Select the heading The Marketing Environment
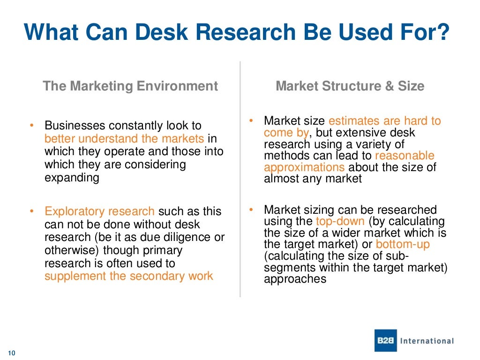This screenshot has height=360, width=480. point(130,86)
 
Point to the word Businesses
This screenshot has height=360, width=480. point(75,126)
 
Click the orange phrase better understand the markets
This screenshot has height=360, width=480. point(124,139)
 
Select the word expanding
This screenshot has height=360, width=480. point(72,178)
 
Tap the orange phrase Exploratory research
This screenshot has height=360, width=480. point(99,211)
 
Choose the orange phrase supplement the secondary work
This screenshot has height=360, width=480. point(129,276)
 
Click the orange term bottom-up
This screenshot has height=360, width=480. point(403,244)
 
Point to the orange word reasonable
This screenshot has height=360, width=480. point(405,156)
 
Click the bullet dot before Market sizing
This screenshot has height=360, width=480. point(251,209)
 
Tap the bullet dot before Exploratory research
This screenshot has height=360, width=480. point(32,211)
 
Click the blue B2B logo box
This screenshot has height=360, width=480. point(386,341)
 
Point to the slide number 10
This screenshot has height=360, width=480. point(12,353)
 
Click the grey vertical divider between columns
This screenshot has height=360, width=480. point(240,178)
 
